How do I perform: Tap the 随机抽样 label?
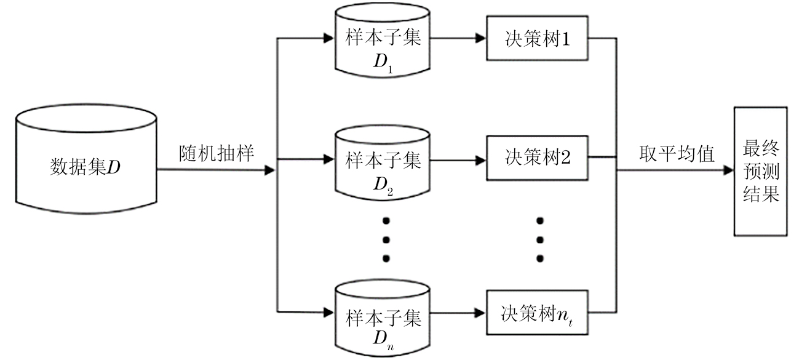[217, 153]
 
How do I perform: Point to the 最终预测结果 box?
[760, 171]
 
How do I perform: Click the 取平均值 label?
[675, 154]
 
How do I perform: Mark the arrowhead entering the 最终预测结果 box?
[728, 171]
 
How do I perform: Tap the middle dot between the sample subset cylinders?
[386, 239]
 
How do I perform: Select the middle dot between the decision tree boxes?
[541, 239]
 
